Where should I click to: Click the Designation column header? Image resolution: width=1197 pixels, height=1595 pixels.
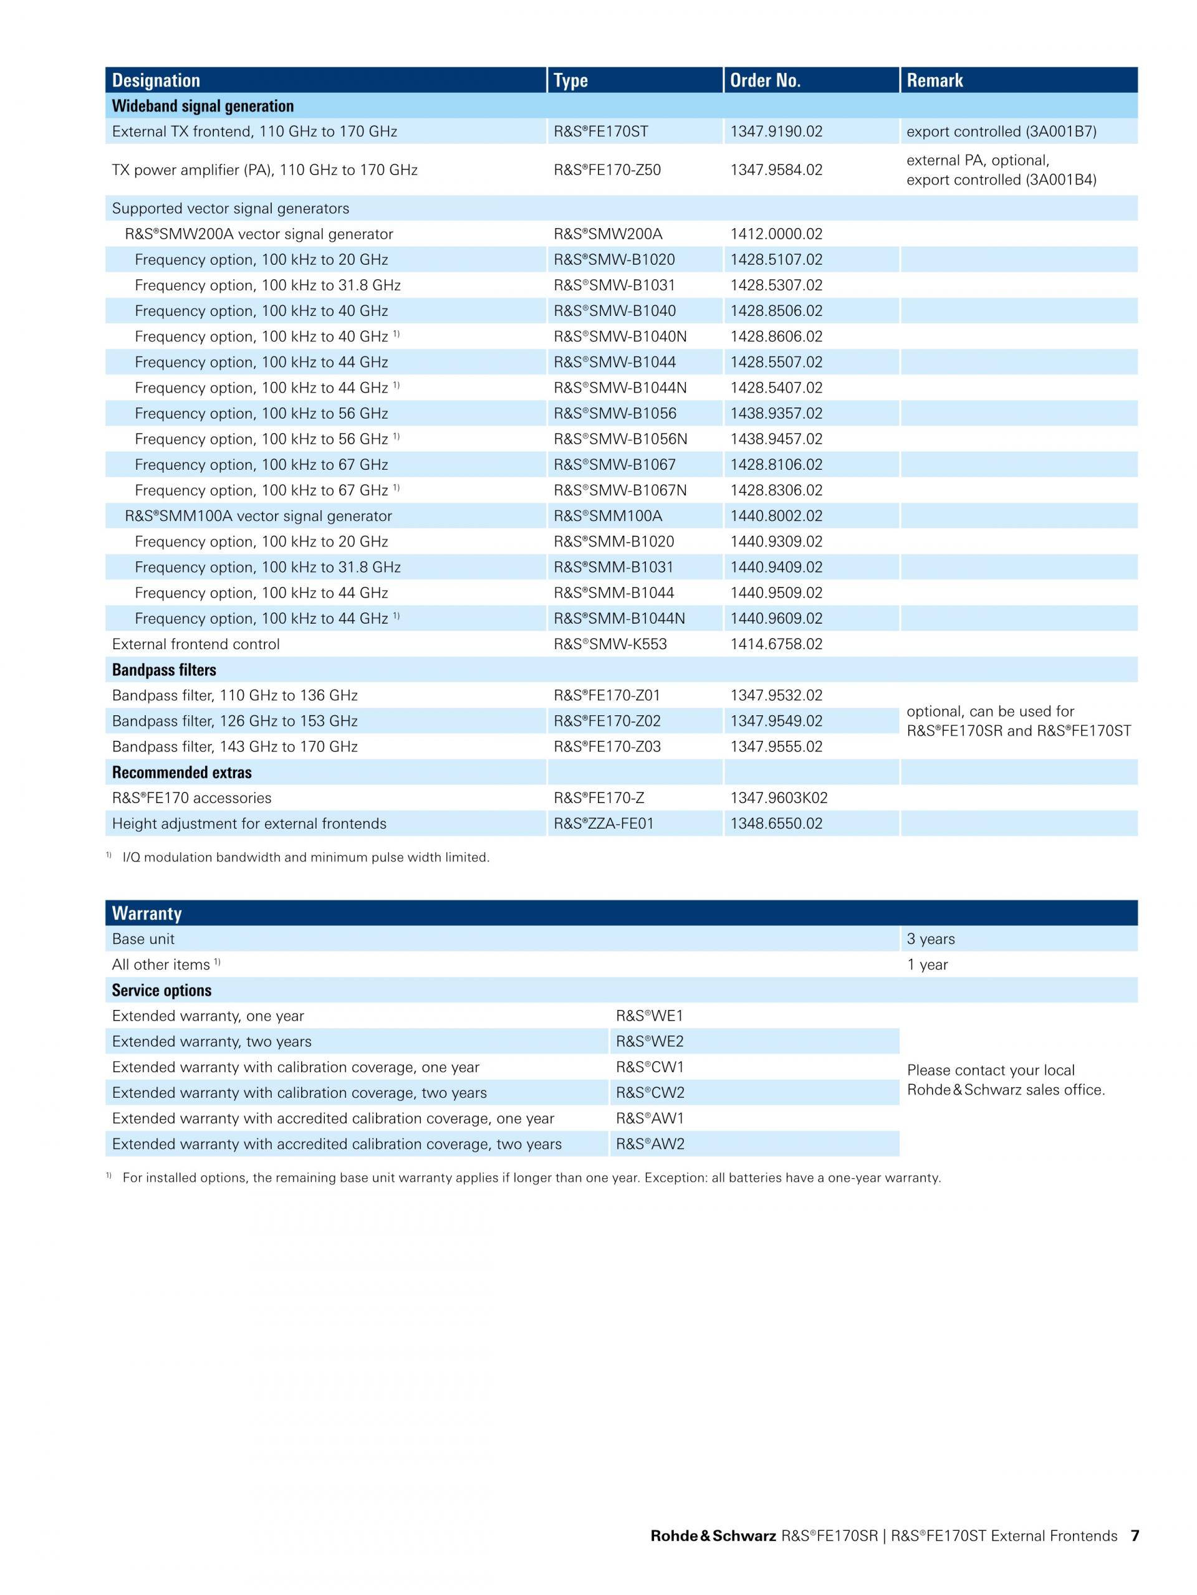[156, 80]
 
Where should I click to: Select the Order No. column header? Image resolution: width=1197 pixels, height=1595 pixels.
[765, 80]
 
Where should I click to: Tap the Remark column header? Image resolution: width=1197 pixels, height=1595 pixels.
[935, 80]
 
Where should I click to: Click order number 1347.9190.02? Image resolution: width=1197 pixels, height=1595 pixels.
[776, 131]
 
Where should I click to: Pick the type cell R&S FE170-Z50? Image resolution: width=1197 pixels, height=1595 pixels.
[607, 170]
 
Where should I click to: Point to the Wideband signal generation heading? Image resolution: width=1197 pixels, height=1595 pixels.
[203, 106]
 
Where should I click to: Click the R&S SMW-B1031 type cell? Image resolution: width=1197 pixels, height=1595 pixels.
[614, 285]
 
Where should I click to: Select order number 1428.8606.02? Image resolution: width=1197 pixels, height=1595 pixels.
[776, 336]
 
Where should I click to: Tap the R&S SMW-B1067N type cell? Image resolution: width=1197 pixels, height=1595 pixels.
[620, 490]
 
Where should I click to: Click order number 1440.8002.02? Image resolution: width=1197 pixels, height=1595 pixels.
[776, 517]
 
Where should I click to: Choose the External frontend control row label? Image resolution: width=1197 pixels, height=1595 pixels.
[196, 645]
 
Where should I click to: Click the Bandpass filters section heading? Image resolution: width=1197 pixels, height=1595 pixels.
[164, 670]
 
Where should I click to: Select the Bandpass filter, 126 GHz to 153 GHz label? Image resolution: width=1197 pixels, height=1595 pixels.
[234, 721]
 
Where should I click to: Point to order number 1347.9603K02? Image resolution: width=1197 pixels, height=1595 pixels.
[779, 798]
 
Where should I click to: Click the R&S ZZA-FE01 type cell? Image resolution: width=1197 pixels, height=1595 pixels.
[603, 824]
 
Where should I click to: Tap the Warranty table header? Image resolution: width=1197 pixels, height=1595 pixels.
[147, 913]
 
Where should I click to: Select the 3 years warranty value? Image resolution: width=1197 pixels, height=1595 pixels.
[930, 939]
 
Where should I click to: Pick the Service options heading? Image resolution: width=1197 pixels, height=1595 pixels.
[161, 990]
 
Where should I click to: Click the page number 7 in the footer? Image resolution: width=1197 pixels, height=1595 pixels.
[1135, 1536]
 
